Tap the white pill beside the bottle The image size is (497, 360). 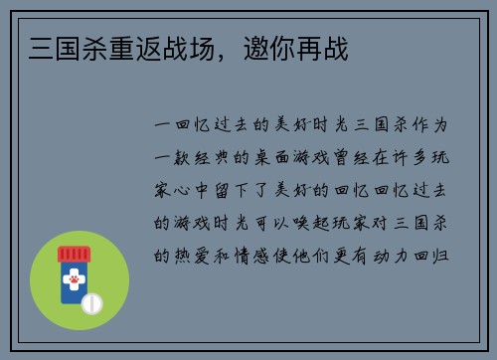[x=92, y=300]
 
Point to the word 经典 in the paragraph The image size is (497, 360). [x=218, y=158]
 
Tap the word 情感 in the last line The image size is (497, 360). [x=263, y=254]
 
